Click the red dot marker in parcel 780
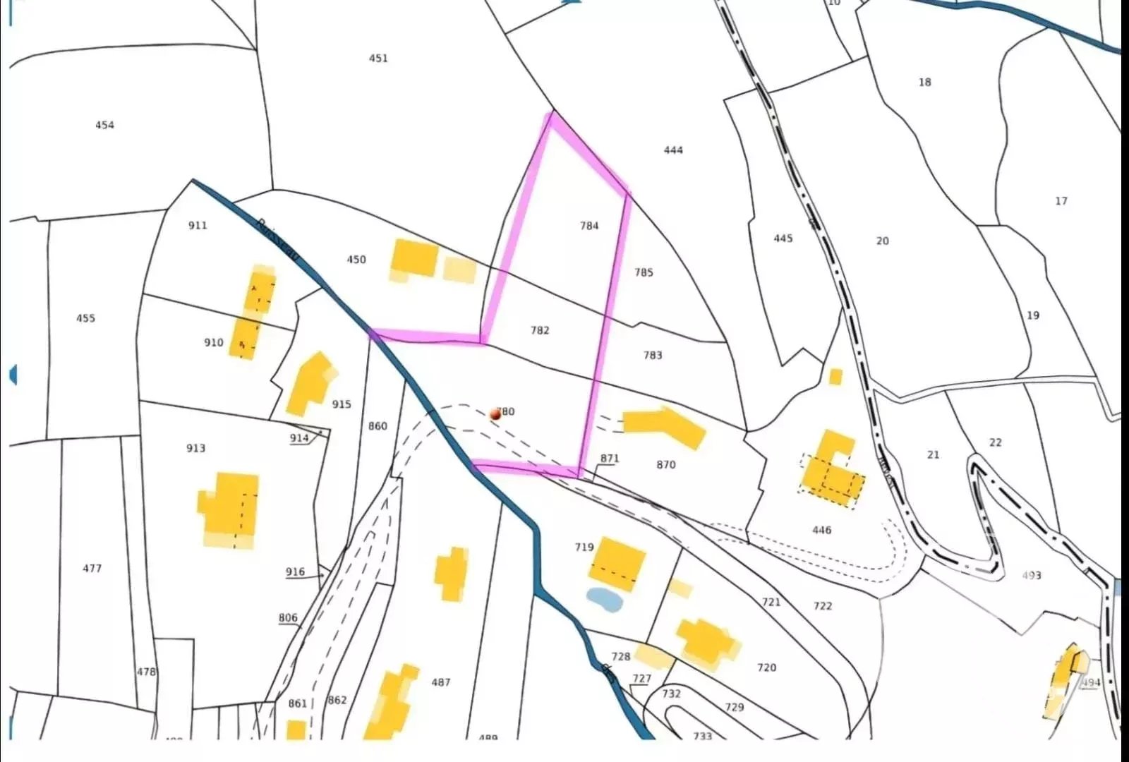[495, 415]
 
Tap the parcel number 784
[589, 226]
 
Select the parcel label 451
[378, 58]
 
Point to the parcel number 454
[104, 125]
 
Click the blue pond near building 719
[604, 600]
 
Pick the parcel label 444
[673, 150]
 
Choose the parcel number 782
[540, 330]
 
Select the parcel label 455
[85, 318]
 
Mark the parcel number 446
[821, 530]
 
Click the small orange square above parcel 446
[835, 377]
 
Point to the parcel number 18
[924, 82]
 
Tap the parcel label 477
[92, 568]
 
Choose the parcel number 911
[198, 225]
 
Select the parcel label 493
[1031, 575]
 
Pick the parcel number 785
[644, 272]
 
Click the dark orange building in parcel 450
[415, 258]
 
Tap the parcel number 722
[822, 605]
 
